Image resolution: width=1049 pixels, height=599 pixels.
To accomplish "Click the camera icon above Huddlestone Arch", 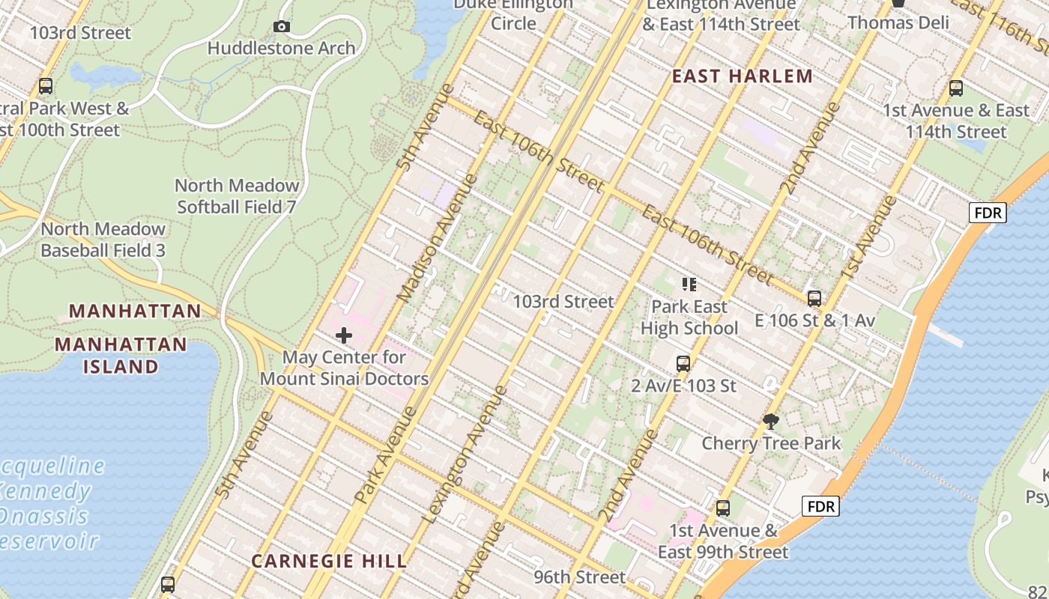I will coord(282,27).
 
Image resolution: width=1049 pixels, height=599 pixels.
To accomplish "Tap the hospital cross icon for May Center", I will coord(344,335).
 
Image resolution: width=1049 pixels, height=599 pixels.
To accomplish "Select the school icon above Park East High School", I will coord(689,284).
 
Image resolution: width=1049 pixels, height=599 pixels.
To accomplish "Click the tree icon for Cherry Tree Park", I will coord(770,421).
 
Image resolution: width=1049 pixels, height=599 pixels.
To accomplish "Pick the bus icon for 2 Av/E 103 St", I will coord(683,364).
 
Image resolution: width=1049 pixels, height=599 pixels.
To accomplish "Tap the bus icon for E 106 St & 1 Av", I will coord(814,299).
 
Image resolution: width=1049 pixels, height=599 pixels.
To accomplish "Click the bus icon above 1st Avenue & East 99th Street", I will coord(723,508).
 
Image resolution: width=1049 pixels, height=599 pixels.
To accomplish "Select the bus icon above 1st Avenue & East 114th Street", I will coord(956,88).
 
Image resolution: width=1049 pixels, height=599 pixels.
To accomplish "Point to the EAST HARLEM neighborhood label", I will coord(742,76).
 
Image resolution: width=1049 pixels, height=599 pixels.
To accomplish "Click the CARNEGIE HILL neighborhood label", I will coord(329,561).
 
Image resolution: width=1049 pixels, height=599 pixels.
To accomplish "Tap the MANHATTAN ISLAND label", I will coord(121,356).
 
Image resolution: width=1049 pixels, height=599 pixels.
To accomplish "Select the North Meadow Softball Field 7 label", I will coord(237,196).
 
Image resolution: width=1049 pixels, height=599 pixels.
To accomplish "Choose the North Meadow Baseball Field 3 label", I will coord(103,240).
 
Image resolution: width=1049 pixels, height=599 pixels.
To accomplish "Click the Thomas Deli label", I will coord(898,22).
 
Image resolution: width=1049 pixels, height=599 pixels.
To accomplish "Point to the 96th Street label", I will coord(579,577).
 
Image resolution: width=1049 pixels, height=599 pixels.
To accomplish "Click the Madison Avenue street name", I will coord(436,238).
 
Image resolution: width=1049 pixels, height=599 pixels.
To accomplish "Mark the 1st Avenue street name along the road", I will coord(868,237).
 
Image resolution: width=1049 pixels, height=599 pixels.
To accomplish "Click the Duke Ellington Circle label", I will coord(513,13).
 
